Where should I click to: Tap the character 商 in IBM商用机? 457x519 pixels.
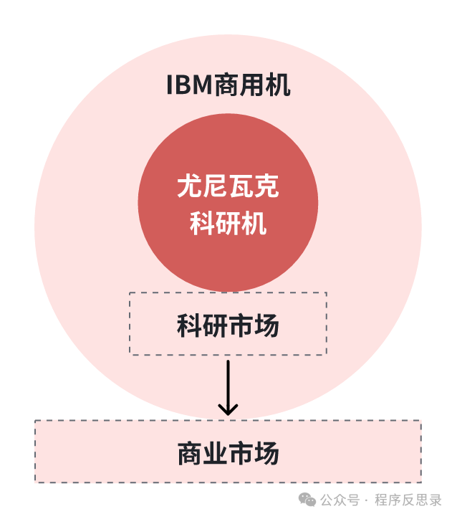[x=228, y=86]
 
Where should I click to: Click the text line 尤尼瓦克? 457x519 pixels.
[x=228, y=188]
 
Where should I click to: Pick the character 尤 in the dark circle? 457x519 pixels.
[x=189, y=188]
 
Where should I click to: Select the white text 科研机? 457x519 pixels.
[x=228, y=223]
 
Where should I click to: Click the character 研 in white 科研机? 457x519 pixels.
[x=228, y=223]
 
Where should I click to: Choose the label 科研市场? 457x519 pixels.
[x=228, y=326]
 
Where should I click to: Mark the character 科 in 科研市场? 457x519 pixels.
[x=189, y=326]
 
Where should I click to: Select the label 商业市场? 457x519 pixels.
[x=228, y=453]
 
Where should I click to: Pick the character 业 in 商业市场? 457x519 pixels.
[x=215, y=453]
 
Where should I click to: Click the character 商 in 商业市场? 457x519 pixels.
[x=189, y=453]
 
